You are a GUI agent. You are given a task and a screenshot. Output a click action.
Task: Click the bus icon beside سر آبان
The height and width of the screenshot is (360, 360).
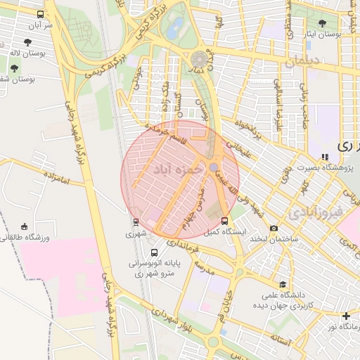click(x=39, y=14)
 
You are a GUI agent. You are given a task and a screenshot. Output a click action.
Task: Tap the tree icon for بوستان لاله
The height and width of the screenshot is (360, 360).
click(x=14, y=68)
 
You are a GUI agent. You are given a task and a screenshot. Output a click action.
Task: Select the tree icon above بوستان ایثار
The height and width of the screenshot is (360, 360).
click(x=322, y=23)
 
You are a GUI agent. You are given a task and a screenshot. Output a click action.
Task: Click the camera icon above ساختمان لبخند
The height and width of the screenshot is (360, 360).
click(x=274, y=228)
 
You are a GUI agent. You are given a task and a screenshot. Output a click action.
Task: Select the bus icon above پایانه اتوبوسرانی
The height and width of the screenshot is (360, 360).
click(x=154, y=252)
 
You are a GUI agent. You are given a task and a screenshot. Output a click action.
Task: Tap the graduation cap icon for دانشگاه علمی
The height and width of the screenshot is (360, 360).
click(x=283, y=285)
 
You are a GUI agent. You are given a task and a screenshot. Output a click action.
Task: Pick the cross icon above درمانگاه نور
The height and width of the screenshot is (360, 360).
click(x=345, y=316)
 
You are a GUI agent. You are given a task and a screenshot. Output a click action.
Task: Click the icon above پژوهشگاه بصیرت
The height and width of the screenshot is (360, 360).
click(x=324, y=157)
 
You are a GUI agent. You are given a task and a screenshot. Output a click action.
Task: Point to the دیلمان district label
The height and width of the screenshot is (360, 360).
click(x=303, y=62)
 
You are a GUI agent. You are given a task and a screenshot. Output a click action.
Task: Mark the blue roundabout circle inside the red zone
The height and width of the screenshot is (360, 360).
click(x=213, y=167)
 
